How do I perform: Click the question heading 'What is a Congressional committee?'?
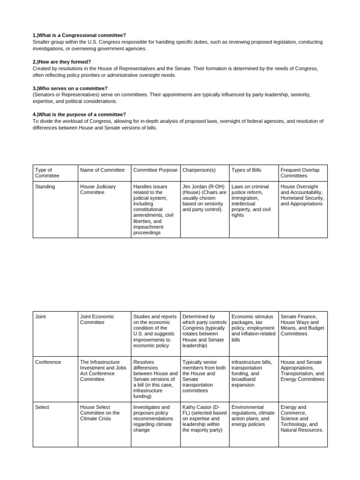click(x=79, y=36)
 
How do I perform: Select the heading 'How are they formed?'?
click(x=62, y=62)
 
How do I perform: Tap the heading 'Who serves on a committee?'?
click(x=70, y=88)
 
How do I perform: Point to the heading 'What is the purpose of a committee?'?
click(x=79, y=114)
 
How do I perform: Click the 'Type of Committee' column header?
click(x=47, y=172)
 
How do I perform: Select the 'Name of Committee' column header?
click(x=102, y=170)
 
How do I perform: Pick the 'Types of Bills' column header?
click(x=246, y=170)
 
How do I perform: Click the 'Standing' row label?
click(x=45, y=187)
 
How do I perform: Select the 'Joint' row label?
click(x=40, y=317)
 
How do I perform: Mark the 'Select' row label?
click(x=42, y=407)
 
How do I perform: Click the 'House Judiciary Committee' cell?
click(x=98, y=189)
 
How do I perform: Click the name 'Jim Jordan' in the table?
click(x=195, y=187)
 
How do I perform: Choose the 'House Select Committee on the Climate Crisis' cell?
click(x=100, y=413)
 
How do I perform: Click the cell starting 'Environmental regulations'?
click(x=252, y=416)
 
